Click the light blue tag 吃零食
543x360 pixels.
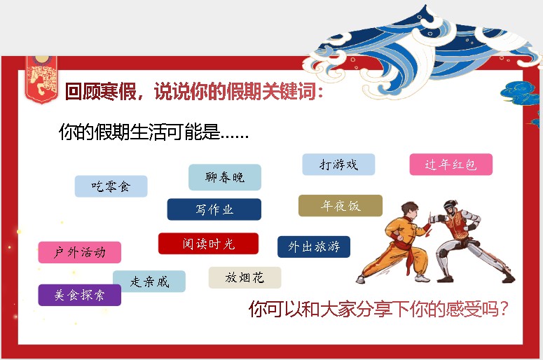pos(111,186)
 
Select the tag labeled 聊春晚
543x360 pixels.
pos(224,177)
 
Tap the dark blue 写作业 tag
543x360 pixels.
pos(214,209)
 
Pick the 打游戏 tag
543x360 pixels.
pos(338,165)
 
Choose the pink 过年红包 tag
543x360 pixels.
pos(451,165)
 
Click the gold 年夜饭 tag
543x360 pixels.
pos(341,206)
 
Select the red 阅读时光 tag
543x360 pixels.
pos(208,244)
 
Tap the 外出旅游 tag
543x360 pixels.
pos(314,247)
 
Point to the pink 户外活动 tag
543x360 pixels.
pos(79,252)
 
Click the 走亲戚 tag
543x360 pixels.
pos(149,282)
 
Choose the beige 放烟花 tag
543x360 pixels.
pos(245,277)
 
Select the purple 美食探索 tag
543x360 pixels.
pos(79,295)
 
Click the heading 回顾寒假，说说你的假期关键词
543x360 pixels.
pos(194,92)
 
